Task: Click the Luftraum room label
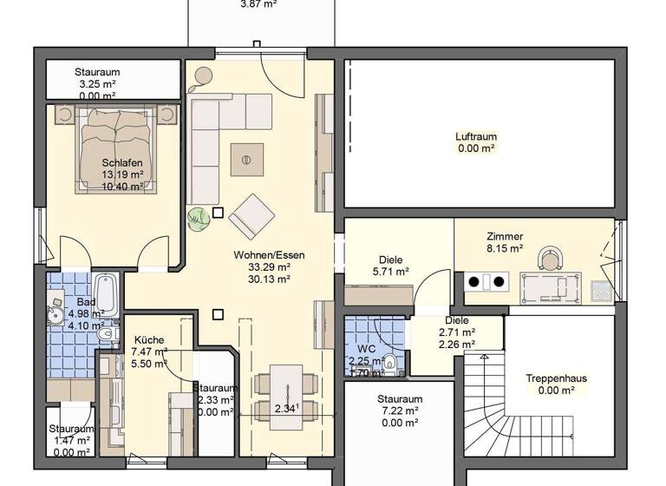pyautogui.click(x=475, y=136)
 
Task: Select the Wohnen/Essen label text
pyautogui.click(x=269, y=255)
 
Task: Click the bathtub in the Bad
pyautogui.click(x=106, y=295)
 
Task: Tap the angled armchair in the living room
pyautogui.click(x=251, y=215)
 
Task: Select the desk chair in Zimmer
pyautogui.click(x=550, y=259)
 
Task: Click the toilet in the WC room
pyautogui.click(x=390, y=363)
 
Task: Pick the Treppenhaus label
pyautogui.click(x=556, y=378)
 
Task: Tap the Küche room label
pyautogui.click(x=148, y=340)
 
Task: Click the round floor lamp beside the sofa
pyautogui.click(x=204, y=76)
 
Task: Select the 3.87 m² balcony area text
pyautogui.click(x=259, y=4)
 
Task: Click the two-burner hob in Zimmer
pyautogui.click(x=487, y=281)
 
